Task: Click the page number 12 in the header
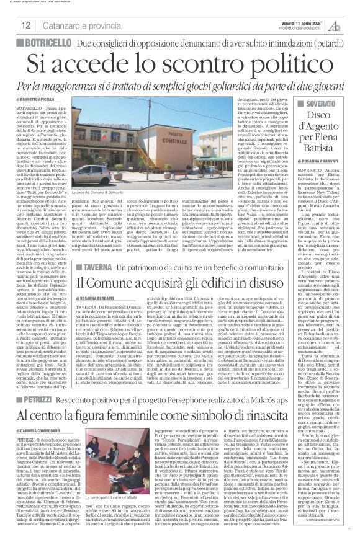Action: click(26, 25)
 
